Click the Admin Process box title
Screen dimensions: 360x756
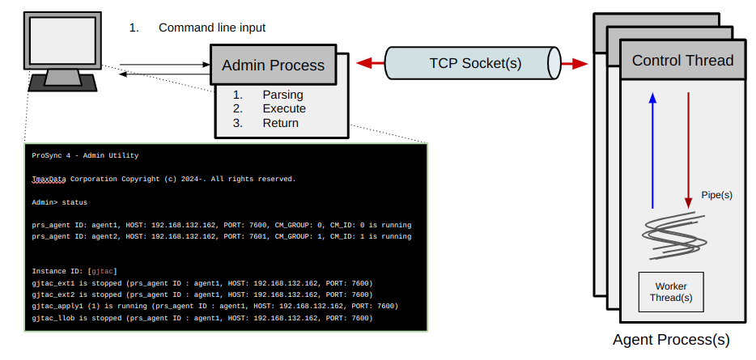click(x=273, y=66)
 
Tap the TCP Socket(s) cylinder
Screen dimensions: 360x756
click(x=474, y=63)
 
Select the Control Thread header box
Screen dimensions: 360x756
click(x=682, y=60)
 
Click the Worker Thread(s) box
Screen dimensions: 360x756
click(x=671, y=292)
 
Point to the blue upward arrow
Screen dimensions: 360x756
click(x=652, y=150)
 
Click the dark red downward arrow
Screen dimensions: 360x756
click(x=688, y=150)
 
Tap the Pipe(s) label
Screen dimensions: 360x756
click(x=717, y=195)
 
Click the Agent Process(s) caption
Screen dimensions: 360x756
click(x=671, y=340)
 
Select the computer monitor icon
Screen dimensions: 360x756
click(x=63, y=49)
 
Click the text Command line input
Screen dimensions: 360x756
click(x=212, y=28)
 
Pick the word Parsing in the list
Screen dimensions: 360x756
click(x=282, y=95)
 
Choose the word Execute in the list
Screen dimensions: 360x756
click(x=284, y=108)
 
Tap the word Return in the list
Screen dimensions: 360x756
click(x=280, y=123)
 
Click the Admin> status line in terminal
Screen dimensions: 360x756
click(x=59, y=201)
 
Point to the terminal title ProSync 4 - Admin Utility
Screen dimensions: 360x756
click(x=85, y=155)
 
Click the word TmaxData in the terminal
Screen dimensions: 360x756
click(x=49, y=178)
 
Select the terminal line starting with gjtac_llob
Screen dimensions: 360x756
click(x=202, y=318)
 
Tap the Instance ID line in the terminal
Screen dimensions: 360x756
click(x=75, y=271)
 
